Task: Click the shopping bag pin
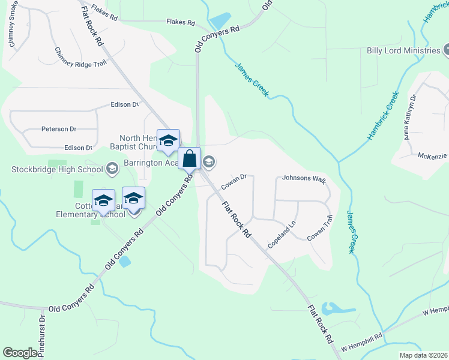coord(190,159)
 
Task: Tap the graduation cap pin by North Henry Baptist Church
coord(169,140)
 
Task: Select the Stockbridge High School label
coord(57,169)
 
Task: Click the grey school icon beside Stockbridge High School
coord(112,169)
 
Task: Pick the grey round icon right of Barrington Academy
coord(209,161)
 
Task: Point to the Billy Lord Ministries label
coord(403,50)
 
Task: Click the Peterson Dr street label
coord(59,128)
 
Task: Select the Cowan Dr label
coord(234,181)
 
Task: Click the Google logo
coord(20,353)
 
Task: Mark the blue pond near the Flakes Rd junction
coord(220,20)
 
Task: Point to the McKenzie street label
coord(432,155)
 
